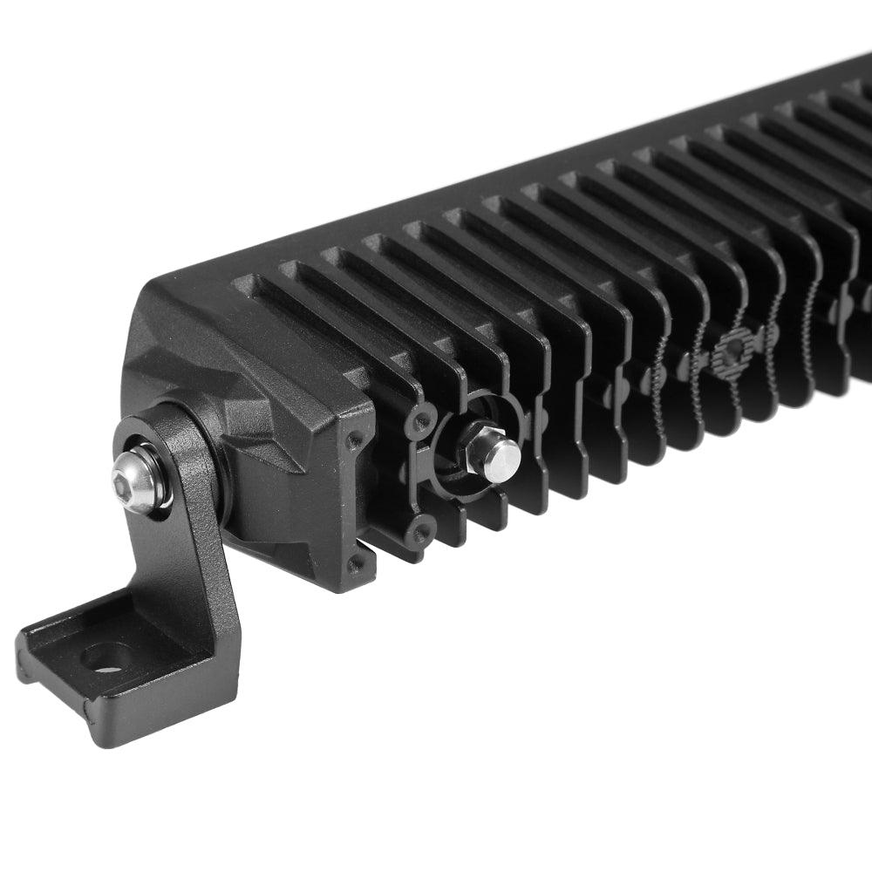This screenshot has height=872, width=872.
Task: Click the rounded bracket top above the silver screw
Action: [x=153, y=427]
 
